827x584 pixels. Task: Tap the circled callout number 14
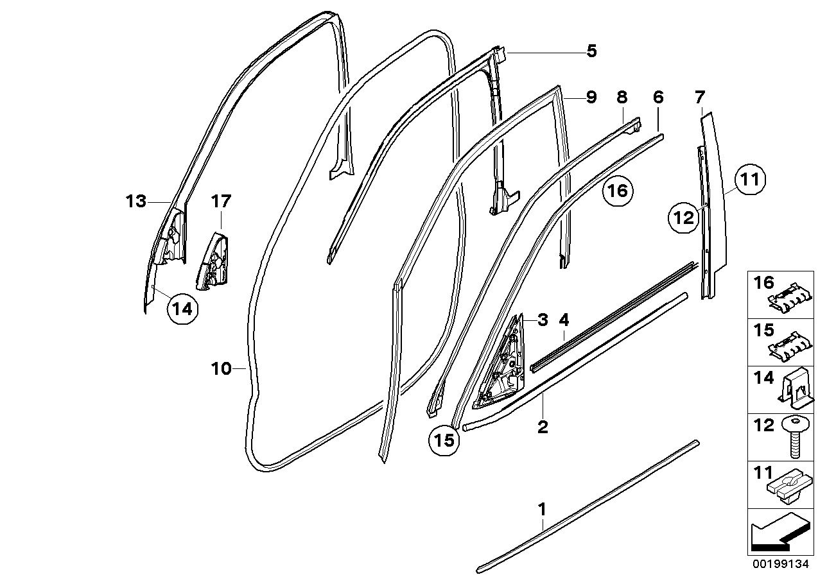tap(182, 309)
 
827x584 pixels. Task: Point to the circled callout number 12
tap(684, 218)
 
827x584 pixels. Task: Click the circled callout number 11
tap(751, 180)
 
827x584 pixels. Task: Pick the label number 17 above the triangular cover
tap(220, 202)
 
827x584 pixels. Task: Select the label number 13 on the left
tap(136, 202)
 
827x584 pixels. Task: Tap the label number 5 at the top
tap(591, 51)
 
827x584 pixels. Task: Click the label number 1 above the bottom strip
tap(541, 510)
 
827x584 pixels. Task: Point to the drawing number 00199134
tap(779, 565)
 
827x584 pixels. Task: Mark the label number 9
tap(591, 98)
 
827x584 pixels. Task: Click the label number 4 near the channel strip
tap(564, 319)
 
